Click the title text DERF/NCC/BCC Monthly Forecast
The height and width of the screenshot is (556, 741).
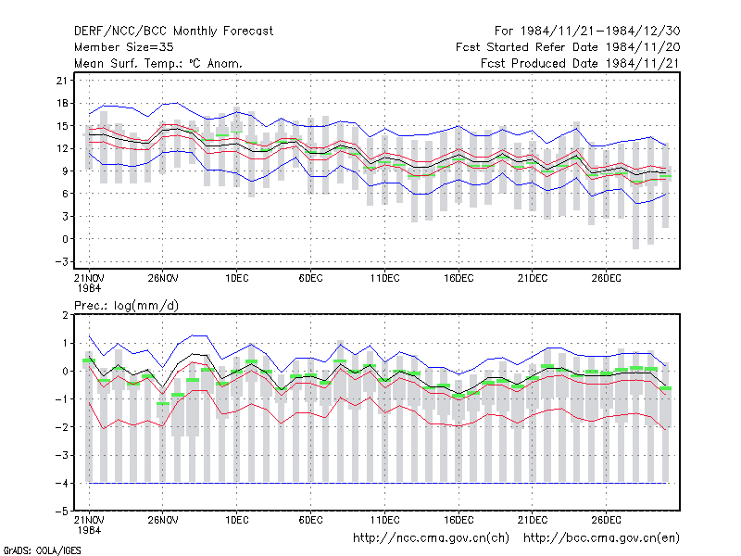[173, 32]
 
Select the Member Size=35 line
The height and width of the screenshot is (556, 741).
[124, 47]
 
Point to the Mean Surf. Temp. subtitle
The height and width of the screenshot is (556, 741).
[157, 63]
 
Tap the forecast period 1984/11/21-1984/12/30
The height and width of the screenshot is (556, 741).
[587, 32]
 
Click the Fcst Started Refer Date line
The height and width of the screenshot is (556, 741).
[568, 47]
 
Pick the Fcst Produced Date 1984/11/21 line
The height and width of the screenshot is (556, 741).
[581, 63]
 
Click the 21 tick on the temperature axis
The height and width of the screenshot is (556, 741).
[62, 81]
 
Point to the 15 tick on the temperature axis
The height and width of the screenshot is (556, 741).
[62, 126]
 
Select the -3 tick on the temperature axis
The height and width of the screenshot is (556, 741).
[61, 261]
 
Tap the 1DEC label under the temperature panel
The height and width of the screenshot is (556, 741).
[237, 278]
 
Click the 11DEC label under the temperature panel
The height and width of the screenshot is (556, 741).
[384, 278]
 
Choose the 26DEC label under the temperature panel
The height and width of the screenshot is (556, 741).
[607, 278]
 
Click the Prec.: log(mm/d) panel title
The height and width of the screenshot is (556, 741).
[126, 306]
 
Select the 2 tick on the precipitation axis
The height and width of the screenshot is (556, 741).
[65, 315]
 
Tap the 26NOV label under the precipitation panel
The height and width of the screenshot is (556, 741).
[163, 520]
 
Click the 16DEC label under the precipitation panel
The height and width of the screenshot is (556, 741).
[458, 520]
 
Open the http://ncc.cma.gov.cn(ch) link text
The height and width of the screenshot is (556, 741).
[431, 538]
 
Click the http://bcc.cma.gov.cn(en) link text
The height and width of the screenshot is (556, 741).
[601, 538]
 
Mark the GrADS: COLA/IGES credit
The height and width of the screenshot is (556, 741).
[42, 550]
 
